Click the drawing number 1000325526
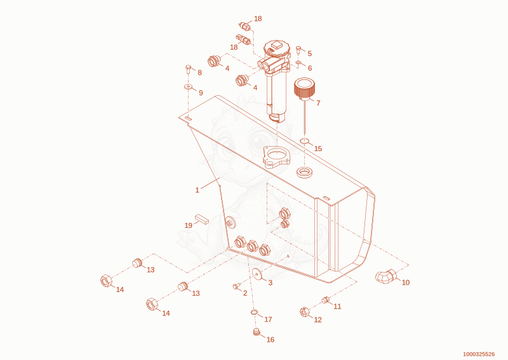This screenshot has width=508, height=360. pos(479,354)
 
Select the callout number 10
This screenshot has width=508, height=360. pos(406,283)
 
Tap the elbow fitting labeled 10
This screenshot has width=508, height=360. pos(386,276)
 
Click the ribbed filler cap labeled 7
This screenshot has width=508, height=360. pos(304,88)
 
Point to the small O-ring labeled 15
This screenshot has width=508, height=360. pos(304,141)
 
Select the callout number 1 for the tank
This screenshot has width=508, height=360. pos(197,190)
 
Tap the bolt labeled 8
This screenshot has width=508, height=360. pos(188,69)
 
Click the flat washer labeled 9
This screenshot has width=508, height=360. pos(188,86)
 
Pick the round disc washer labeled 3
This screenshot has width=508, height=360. pos(257,274)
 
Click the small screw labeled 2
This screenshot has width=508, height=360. pos(236,286)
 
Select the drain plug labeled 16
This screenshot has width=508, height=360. pos(257,332)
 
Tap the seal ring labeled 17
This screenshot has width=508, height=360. pos(255,312)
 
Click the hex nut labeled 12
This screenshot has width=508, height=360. pos(305,312)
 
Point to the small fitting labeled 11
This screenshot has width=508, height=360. pos(325,300)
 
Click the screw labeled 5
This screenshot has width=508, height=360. pos(298,50)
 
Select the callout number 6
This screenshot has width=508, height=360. pos(310,68)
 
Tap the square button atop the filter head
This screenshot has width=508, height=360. pos(276,45)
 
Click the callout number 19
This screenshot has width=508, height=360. pos(189,225)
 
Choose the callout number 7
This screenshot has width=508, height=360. pos(318,103)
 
